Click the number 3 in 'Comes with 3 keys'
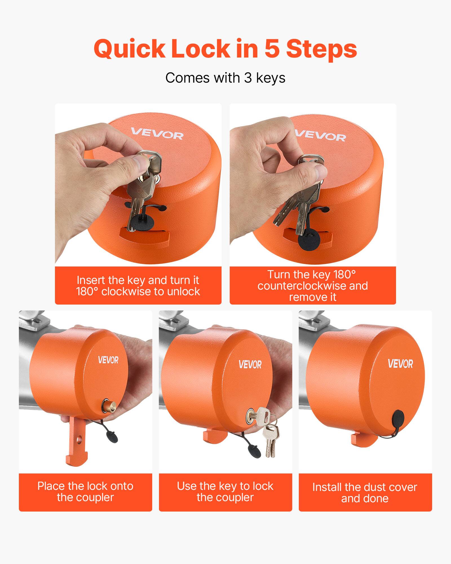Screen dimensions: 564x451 pyautogui.click(x=248, y=78)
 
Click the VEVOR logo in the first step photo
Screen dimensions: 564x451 pyautogui.click(x=157, y=134)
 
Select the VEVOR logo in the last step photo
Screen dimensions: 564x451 pyautogui.click(x=400, y=364)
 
